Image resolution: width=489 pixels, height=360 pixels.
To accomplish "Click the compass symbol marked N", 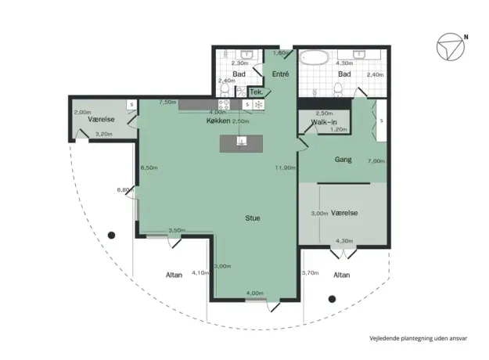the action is coord(451,47).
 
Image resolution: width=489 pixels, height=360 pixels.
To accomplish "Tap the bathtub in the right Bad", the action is coord(315,58).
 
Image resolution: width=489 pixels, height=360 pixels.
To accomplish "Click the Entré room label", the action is coord(280,74).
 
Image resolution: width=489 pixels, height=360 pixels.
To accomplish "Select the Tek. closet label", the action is coord(257,92).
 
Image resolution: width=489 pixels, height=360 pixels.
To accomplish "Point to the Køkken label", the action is coord(218,121).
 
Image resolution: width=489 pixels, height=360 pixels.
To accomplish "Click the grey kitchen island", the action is coord(241,143).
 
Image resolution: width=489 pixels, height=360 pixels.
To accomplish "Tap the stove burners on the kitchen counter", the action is coord(224,104).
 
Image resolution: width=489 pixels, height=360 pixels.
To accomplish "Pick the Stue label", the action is coord(253,218).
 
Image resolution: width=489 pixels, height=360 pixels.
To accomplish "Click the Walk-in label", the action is coord(324,122).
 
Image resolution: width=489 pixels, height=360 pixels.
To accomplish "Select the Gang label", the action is coord(343,160).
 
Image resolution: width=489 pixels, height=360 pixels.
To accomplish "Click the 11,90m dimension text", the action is coord(285,167).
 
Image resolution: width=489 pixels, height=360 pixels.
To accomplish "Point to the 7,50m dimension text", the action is coord(167,102).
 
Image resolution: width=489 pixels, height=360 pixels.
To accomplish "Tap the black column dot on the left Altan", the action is coord(111,236).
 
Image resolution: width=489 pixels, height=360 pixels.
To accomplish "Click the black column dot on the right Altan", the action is coord(333,299).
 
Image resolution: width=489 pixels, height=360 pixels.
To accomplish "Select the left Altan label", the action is coord(174,275).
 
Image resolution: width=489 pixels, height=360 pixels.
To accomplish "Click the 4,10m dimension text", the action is coord(200,272).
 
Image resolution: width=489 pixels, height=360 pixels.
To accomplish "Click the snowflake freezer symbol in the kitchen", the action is coord(258,105).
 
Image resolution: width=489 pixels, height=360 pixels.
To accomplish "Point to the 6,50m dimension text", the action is coord(149,167).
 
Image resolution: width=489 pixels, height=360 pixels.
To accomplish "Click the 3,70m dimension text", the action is coord(311,272).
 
